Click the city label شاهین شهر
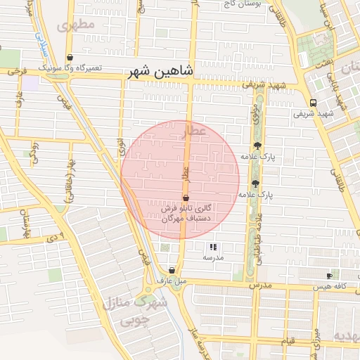(161, 72)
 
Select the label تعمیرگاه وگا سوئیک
(70, 68)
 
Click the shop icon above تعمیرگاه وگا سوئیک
(70, 58)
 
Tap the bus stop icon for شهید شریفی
(313, 102)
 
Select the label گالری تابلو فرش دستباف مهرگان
(186, 214)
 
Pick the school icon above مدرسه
(213, 247)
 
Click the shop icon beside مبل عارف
(172, 270)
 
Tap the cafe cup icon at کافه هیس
(330, 276)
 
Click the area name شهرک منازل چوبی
(134, 311)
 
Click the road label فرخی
(15, 71)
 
